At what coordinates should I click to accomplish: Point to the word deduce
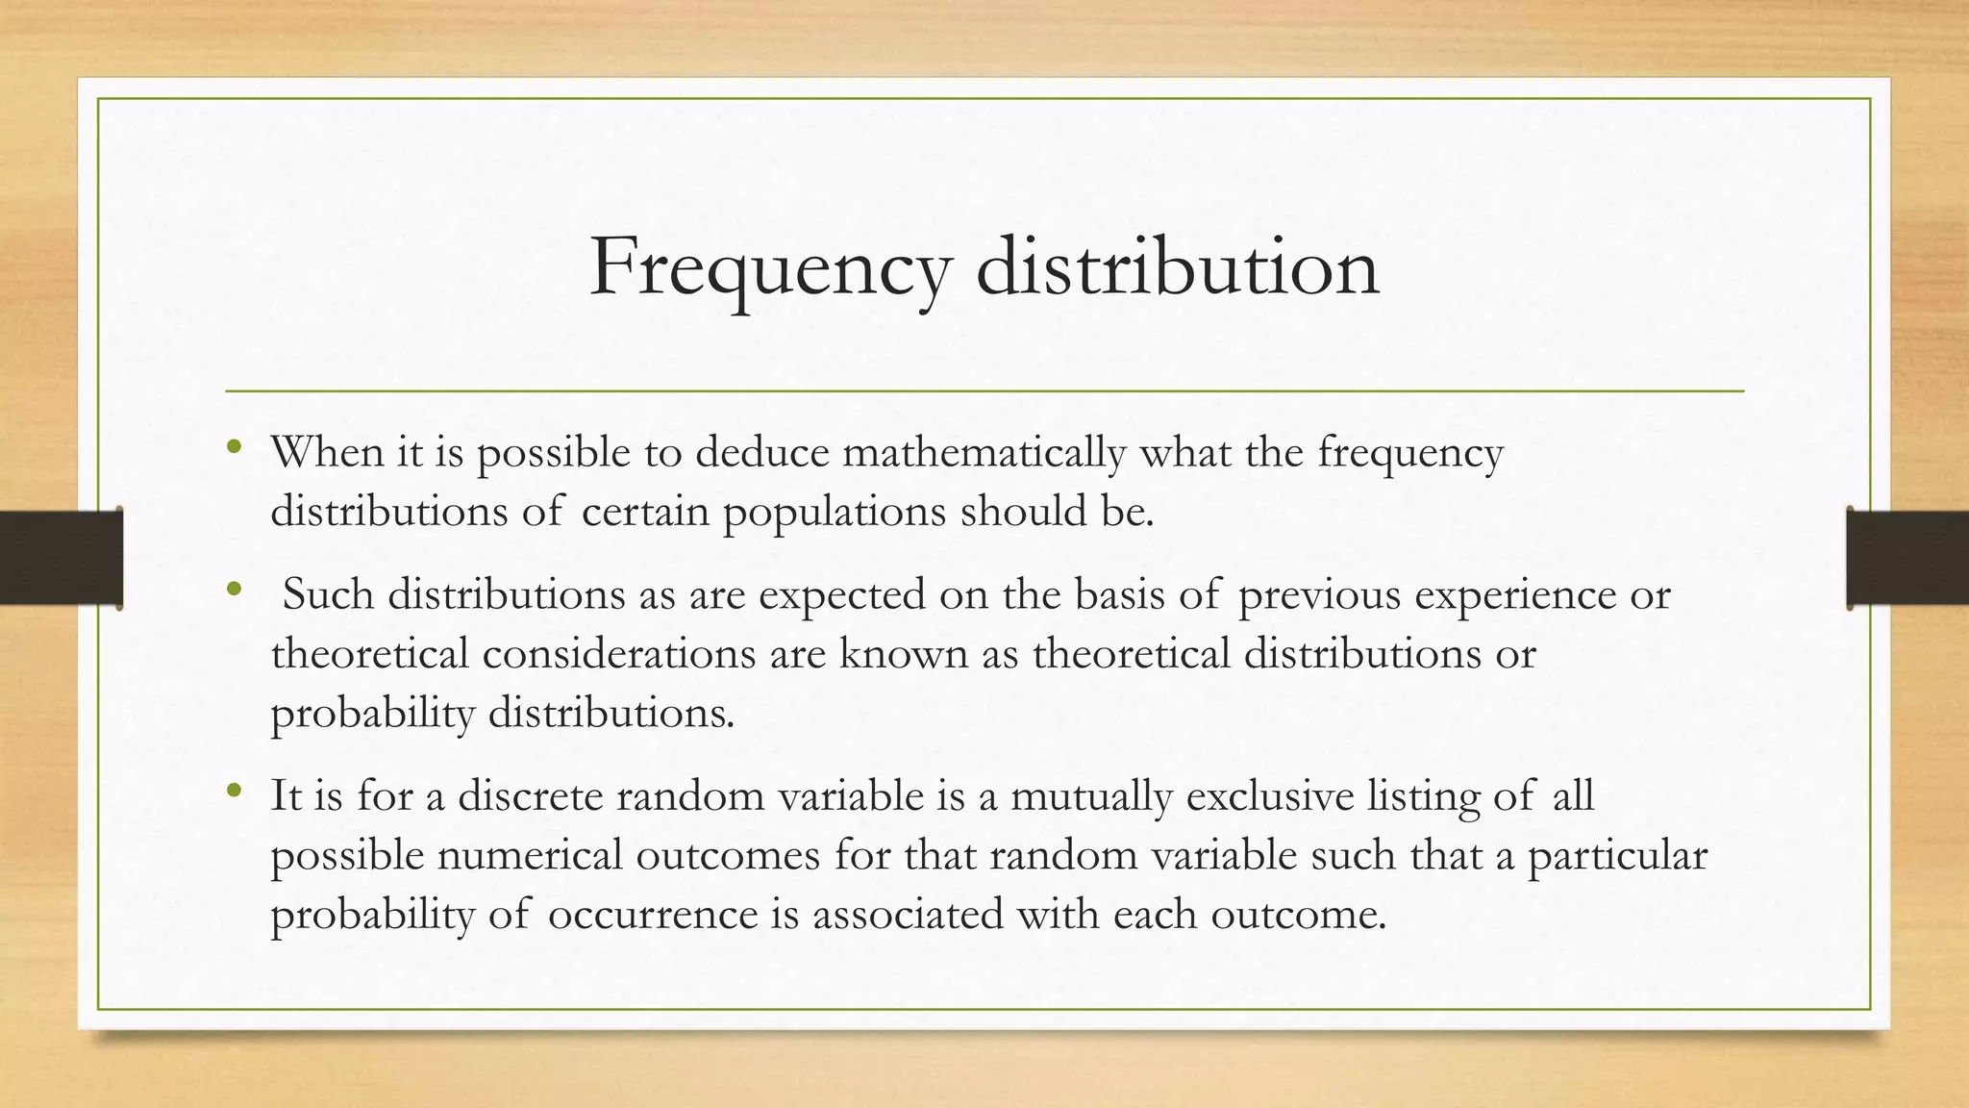[761, 452]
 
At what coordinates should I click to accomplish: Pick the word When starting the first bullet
[327, 452]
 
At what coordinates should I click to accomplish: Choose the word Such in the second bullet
[328, 594]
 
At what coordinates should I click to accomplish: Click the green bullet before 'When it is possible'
[234, 447]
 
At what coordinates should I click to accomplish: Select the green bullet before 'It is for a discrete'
[234, 792]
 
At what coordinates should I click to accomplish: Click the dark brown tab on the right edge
[1907, 558]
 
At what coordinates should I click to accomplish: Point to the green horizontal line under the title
[984, 391]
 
